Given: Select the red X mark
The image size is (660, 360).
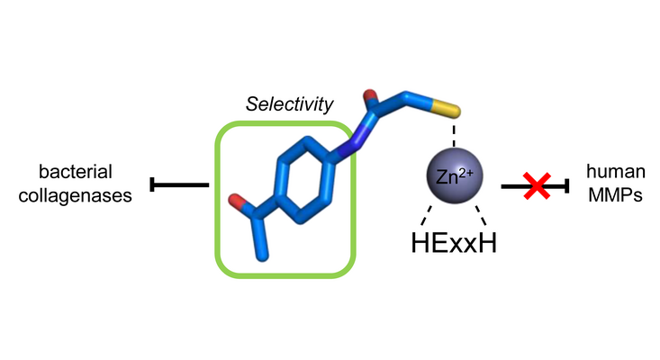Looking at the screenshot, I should click(x=538, y=186).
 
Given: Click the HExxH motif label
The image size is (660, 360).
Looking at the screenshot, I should click(x=455, y=243).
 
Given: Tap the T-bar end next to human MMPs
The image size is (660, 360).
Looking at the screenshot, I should click(x=566, y=186).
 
